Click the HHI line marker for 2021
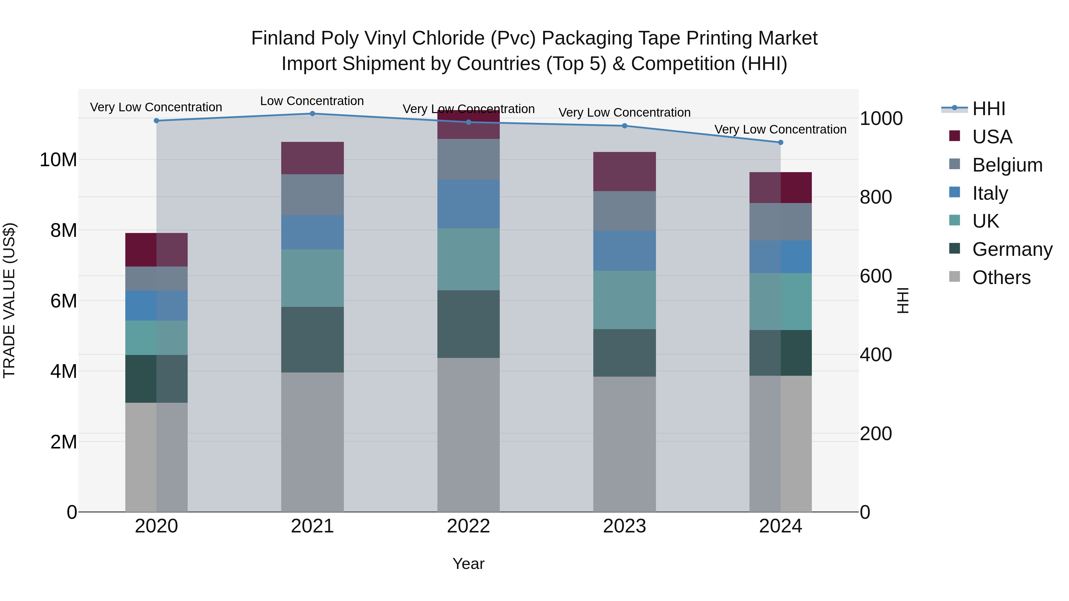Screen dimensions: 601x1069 click(x=312, y=113)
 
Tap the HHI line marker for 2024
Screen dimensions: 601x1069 click(x=780, y=142)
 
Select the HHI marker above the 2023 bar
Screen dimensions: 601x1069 click(x=624, y=126)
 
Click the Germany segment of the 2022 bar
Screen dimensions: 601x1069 click(x=469, y=324)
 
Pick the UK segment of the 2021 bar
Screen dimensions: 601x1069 click(x=312, y=278)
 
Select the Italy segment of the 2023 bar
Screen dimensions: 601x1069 click(x=624, y=250)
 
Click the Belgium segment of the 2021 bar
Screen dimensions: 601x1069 click(x=312, y=194)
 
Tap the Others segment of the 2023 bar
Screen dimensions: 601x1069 click(x=624, y=444)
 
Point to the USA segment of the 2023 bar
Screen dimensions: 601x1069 click(x=624, y=171)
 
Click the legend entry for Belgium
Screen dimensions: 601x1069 click(x=1007, y=165)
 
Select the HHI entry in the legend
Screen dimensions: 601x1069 click(x=989, y=109)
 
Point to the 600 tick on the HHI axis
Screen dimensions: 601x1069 click(x=876, y=276)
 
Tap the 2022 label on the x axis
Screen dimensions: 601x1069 click(x=469, y=526)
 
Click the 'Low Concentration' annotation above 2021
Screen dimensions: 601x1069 click(x=312, y=101)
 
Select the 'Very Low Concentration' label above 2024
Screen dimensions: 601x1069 click(x=780, y=129)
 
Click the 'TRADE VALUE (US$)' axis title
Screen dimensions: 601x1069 click(x=9, y=300)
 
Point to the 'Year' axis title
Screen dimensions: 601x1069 click(x=469, y=564)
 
